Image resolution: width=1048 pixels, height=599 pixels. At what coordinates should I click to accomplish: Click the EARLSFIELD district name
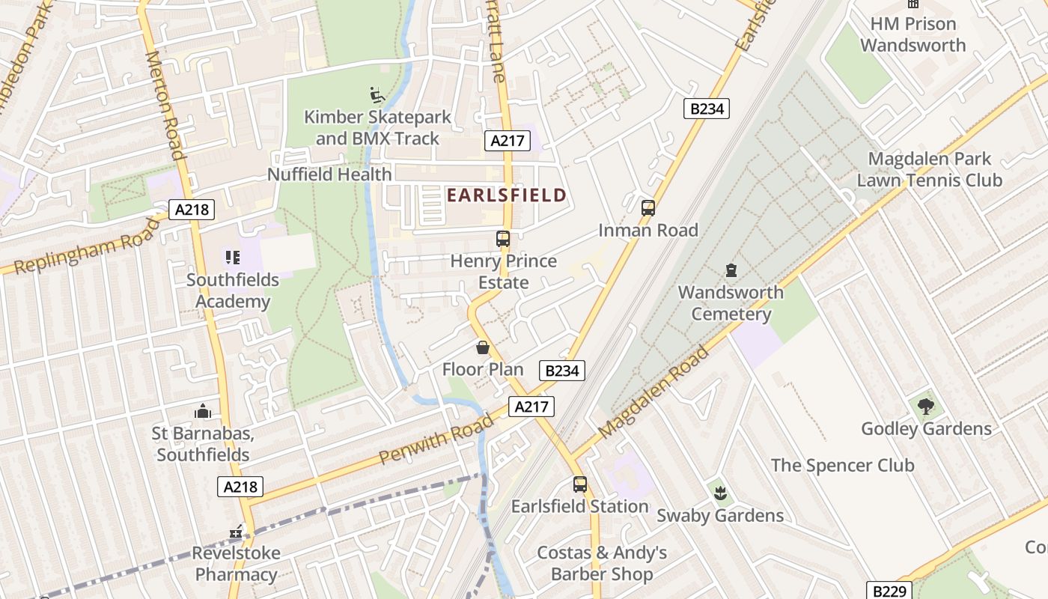pyautogui.click(x=506, y=195)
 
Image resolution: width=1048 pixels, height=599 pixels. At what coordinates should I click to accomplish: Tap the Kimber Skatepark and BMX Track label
pyautogui.click(x=378, y=128)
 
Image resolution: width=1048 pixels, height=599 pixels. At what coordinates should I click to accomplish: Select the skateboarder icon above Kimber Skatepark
pyautogui.click(x=377, y=95)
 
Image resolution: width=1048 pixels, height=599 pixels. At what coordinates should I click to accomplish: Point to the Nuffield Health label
pyautogui.click(x=329, y=174)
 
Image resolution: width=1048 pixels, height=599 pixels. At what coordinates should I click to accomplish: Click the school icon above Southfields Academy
pyautogui.click(x=233, y=258)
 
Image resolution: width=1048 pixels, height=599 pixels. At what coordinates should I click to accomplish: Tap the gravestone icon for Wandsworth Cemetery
pyautogui.click(x=731, y=270)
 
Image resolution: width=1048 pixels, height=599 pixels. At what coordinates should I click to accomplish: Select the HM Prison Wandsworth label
pyautogui.click(x=913, y=34)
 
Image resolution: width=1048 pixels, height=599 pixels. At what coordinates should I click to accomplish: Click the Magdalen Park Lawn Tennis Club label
pyautogui.click(x=929, y=170)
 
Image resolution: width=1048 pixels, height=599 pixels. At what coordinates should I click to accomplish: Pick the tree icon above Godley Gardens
pyautogui.click(x=926, y=407)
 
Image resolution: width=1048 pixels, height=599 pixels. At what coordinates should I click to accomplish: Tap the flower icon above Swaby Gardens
pyautogui.click(x=720, y=493)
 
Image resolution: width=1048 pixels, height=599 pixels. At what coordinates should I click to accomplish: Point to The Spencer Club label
pyautogui.click(x=842, y=466)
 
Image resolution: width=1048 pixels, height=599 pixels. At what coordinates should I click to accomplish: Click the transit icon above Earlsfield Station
pyautogui.click(x=580, y=484)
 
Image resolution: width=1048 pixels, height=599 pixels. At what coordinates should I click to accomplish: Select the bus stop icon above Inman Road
pyautogui.click(x=648, y=208)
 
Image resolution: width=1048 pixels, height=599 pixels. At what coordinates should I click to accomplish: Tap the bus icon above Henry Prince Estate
pyautogui.click(x=503, y=239)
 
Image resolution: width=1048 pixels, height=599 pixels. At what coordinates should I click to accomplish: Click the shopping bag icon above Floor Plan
pyautogui.click(x=483, y=347)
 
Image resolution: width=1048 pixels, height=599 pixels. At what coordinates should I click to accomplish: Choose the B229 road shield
pyautogui.click(x=889, y=591)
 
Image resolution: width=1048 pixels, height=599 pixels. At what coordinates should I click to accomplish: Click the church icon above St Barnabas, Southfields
pyautogui.click(x=202, y=411)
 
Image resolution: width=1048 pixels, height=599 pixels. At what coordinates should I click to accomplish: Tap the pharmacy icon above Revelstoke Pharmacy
pyautogui.click(x=237, y=532)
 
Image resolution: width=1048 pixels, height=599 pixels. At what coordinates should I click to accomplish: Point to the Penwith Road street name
pyautogui.click(x=436, y=438)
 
